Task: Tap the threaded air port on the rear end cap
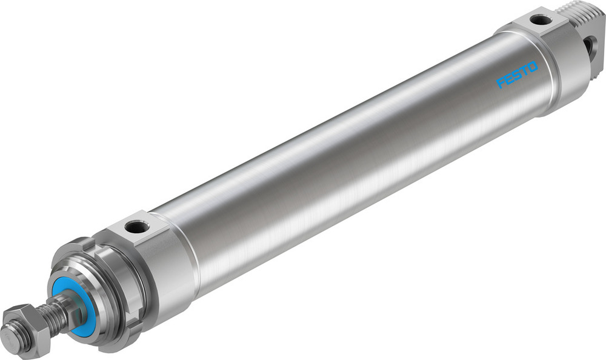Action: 539,20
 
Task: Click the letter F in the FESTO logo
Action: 501,83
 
